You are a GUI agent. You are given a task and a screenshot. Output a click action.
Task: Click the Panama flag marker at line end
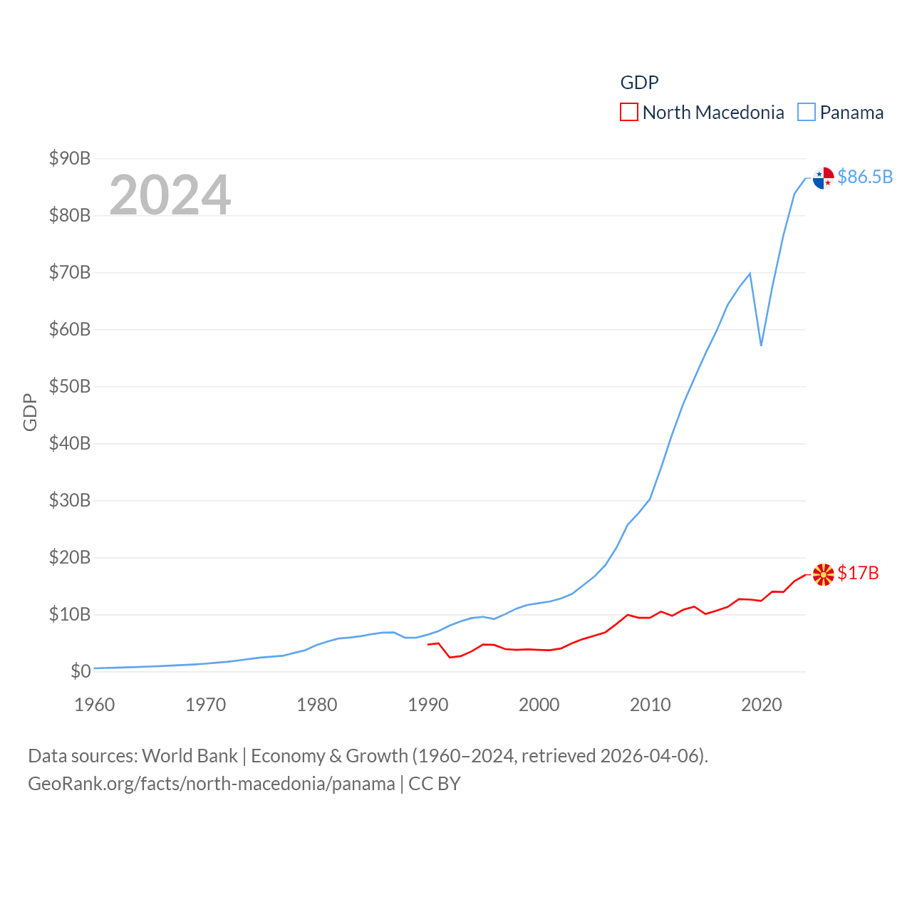tap(823, 178)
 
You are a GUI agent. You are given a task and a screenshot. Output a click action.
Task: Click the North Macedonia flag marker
tap(823, 574)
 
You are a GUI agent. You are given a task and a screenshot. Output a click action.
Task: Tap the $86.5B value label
tap(865, 177)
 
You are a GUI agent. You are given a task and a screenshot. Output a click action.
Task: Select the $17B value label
tap(858, 573)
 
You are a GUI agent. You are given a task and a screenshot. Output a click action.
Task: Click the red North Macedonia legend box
tap(628, 112)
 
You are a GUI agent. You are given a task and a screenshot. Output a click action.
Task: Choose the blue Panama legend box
tap(806, 112)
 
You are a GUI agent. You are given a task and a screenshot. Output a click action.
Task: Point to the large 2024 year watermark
tap(170, 195)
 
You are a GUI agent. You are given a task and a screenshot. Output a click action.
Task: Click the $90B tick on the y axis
tap(70, 158)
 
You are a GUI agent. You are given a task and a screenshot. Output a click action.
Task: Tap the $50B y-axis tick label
tap(70, 386)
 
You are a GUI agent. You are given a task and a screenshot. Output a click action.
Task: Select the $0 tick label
tap(81, 671)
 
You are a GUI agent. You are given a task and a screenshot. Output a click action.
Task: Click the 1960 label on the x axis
tap(94, 705)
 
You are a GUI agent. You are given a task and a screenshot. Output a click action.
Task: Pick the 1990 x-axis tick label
tap(427, 705)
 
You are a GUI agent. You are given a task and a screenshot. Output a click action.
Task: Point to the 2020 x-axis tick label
tap(761, 705)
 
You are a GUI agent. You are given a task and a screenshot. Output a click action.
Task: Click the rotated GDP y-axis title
tap(30, 412)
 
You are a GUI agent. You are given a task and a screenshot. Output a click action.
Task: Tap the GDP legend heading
tap(639, 83)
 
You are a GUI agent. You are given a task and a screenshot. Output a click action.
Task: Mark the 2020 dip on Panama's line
tap(761, 346)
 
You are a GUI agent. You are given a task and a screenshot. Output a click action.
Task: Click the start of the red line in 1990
tap(428, 644)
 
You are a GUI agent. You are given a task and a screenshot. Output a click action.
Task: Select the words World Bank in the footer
tap(190, 755)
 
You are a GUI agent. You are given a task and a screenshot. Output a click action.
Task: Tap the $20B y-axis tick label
tap(70, 557)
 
